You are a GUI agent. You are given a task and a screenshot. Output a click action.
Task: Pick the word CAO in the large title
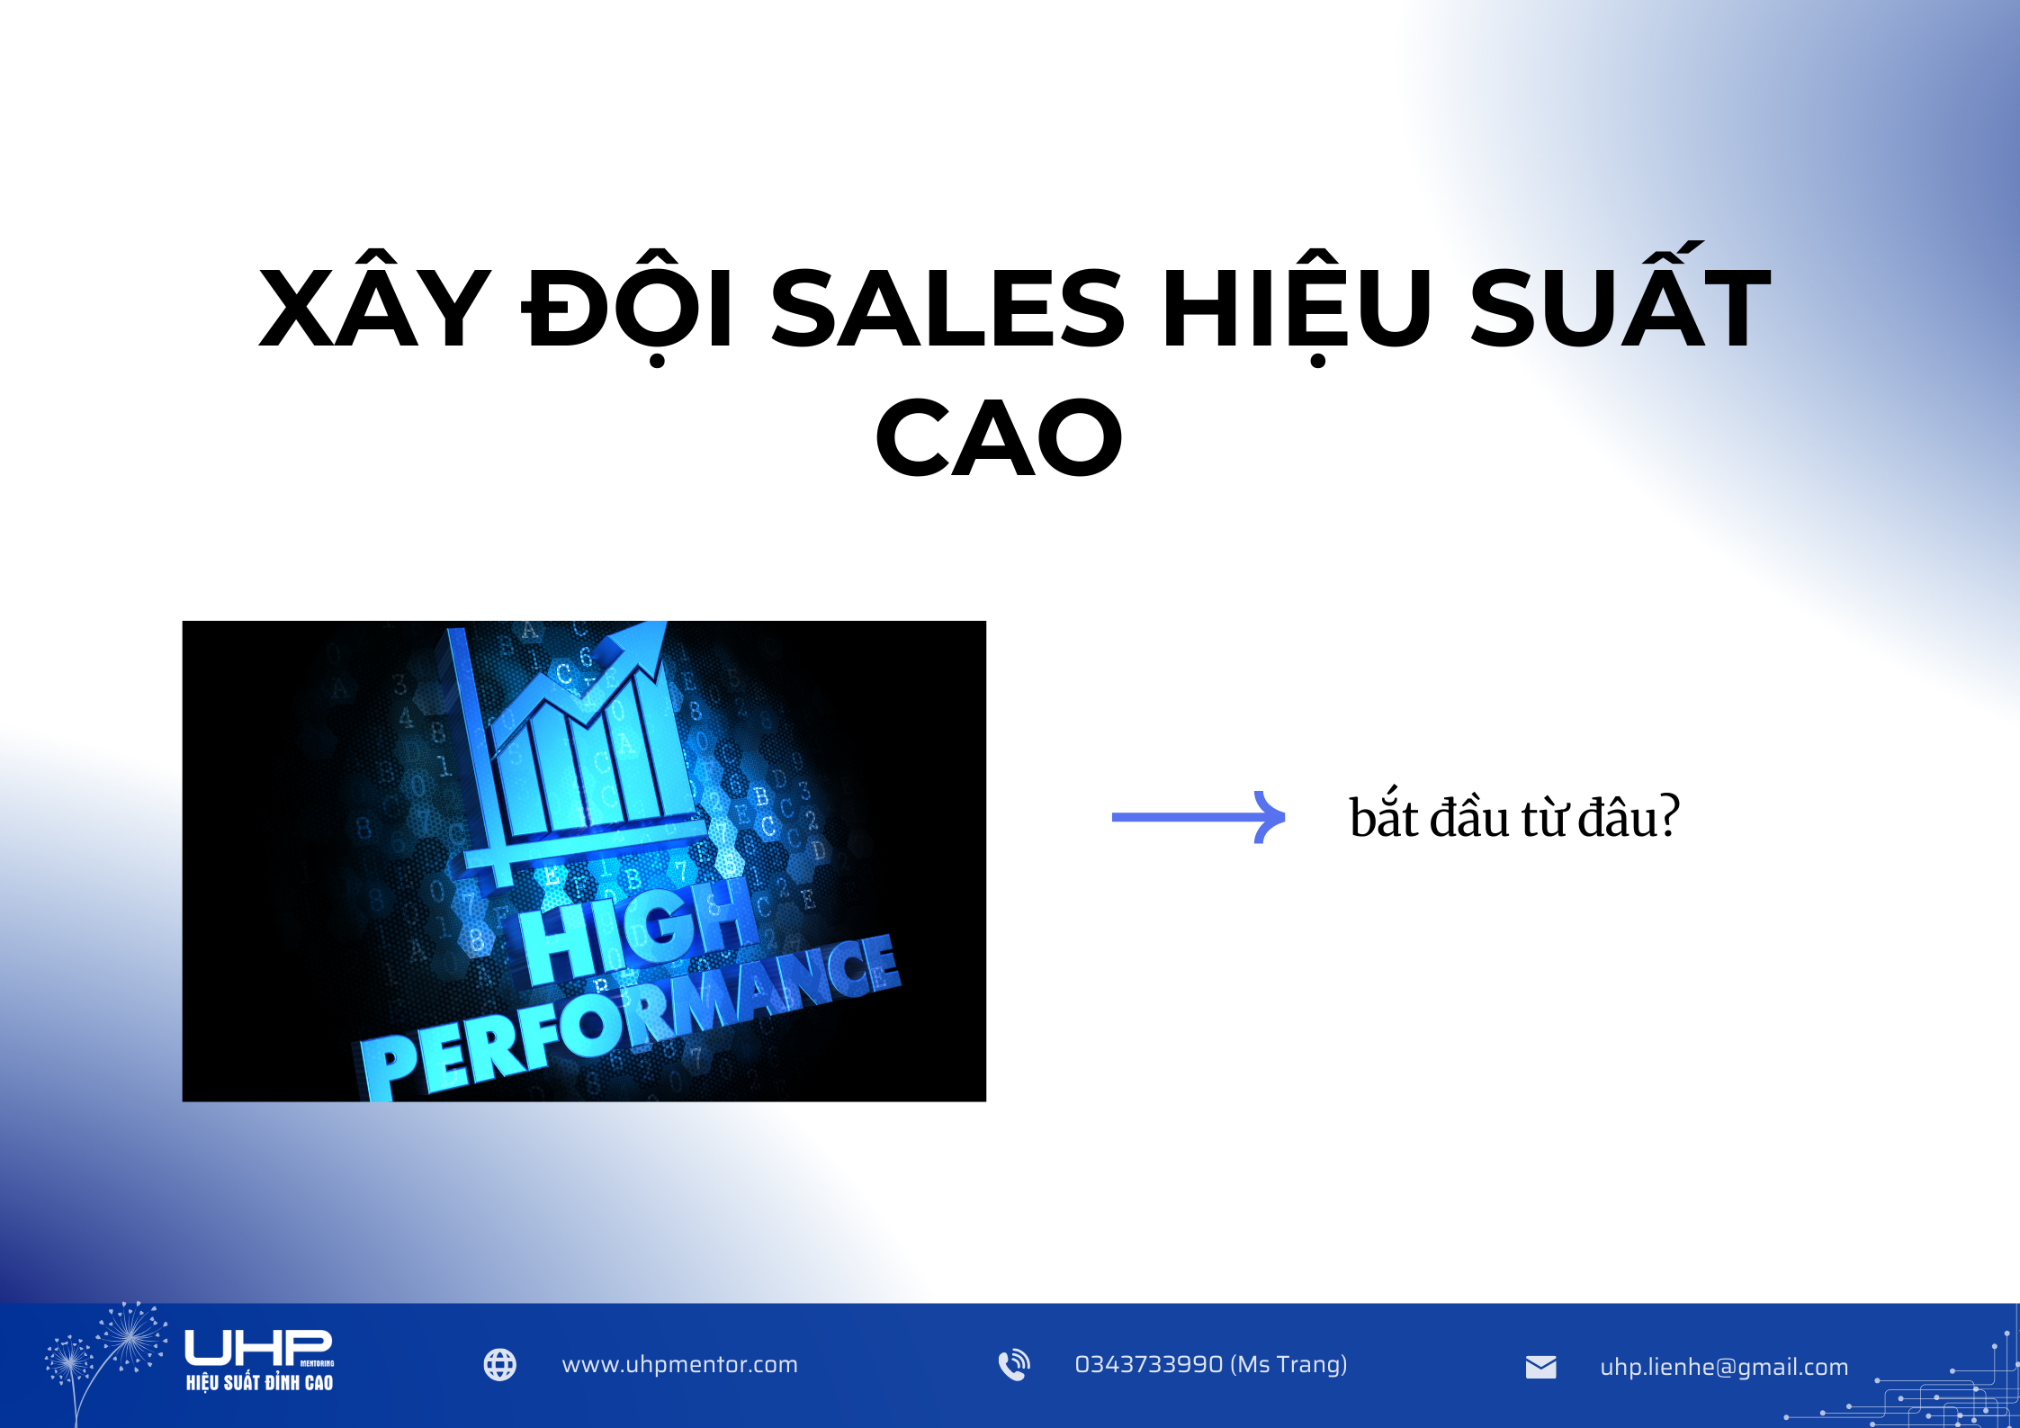pyautogui.click(x=999, y=439)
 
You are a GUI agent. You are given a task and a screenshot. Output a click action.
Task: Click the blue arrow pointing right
pyautogui.click(x=1199, y=817)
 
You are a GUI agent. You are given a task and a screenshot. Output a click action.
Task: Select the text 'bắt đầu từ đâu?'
pyautogui.click(x=1513, y=817)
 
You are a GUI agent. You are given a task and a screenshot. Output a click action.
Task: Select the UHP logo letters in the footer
pyautogui.click(x=257, y=1348)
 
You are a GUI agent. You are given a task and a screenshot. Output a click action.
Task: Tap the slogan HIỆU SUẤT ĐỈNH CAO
pyautogui.click(x=259, y=1383)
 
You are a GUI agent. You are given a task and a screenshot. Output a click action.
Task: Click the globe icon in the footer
pyautogui.click(x=500, y=1365)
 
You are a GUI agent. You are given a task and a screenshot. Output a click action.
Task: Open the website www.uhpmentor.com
pyautogui.click(x=679, y=1365)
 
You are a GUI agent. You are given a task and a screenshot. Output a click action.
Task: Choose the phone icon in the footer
pyautogui.click(x=1014, y=1365)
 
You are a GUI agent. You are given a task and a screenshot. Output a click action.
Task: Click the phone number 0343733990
pyautogui.click(x=1149, y=1365)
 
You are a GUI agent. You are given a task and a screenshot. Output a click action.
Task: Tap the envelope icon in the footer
pyautogui.click(x=1540, y=1367)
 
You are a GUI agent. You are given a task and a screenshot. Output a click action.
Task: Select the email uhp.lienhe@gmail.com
pyautogui.click(x=1724, y=1367)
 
